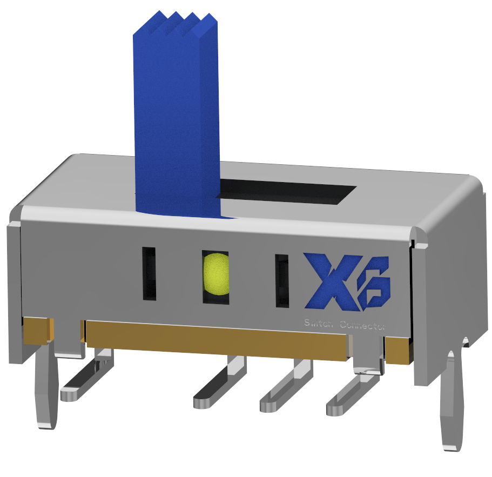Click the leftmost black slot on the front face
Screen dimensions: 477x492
click(x=149, y=273)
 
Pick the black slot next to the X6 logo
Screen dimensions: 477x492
click(x=281, y=281)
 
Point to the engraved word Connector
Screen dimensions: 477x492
click(x=363, y=325)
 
